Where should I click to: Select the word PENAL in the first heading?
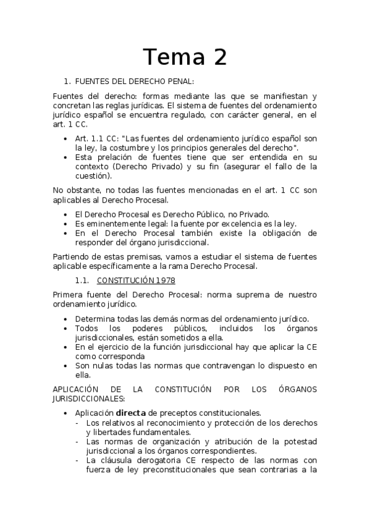179,81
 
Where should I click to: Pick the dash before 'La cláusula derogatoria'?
78,460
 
